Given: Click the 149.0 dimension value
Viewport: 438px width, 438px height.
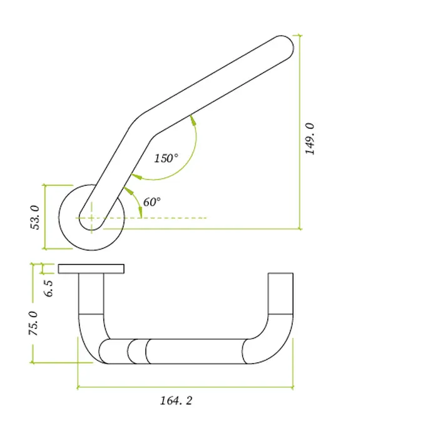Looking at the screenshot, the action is pyautogui.click(x=310, y=138).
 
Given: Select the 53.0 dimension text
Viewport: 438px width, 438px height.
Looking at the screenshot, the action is pyautogui.click(x=35, y=217).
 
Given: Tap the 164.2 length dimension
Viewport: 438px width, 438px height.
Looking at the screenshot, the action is pyautogui.click(x=176, y=400).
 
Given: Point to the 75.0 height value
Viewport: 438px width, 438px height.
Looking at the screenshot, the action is pyautogui.click(x=33, y=323).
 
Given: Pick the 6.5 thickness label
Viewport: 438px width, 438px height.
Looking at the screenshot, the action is pyautogui.click(x=48, y=288).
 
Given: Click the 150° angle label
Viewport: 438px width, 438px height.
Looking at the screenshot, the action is pyautogui.click(x=166, y=158).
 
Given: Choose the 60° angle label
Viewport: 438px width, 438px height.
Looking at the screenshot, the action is pyautogui.click(x=152, y=201).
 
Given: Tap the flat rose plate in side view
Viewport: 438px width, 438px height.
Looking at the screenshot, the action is pyautogui.click(x=91, y=268).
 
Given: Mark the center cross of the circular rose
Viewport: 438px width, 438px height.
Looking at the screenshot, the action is pyautogui.click(x=91, y=218).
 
